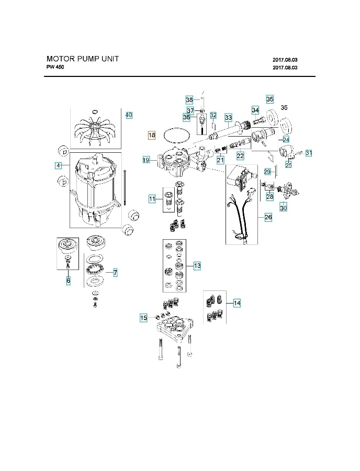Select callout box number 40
click(128, 115)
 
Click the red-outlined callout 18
click(152, 136)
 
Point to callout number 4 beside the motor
click(59, 165)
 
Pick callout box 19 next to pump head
click(147, 160)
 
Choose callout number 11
click(152, 198)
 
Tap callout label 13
click(197, 266)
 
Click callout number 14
click(237, 303)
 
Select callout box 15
click(143, 318)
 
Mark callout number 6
click(68, 281)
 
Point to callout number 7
click(115, 272)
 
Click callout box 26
click(268, 217)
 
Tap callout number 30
click(284, 208)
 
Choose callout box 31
click(309, 153)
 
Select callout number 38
click(189, 100)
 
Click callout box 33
click(228, 117)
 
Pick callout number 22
click(240, 155)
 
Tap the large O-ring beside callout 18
click(176, 136)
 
